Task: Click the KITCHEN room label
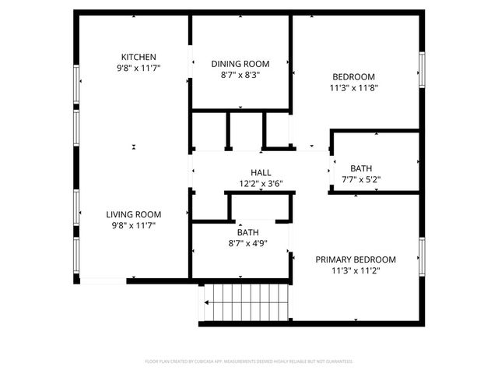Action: pyautogui.click(x=139, y=57)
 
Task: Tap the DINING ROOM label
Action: pyautogui.click(x=240, y=64)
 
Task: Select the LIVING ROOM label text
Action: pyautogui.click(x=134, y=214)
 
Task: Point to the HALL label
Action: pyautogui.click(x=261, y=173)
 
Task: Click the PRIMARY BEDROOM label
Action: pyautogui.click(x=355, y=259)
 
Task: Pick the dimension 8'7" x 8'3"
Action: pyautogui.click(x=240, y=76)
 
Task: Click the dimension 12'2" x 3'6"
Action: pyautogui.click(x=261, y=185)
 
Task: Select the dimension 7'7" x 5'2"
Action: pyautogui.click(x=361, y=179)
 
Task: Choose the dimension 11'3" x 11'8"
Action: pyautogui.click(x=354, y=88)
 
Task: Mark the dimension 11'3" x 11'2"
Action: pyautogui.click(x=355, y=271)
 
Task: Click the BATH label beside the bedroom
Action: pyautogui.click(x=361, y=168)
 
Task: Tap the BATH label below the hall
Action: pyautogui.click(x=248, y=232)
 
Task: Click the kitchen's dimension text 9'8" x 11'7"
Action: pyautogui.click(x=139, y=69)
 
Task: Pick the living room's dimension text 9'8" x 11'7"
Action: pyautogui.click(x=134, y=226)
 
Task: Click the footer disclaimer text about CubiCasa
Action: pyautogui.click(x=249, y=362)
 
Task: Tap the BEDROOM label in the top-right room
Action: pyautogui.click(x=354, y=76)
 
